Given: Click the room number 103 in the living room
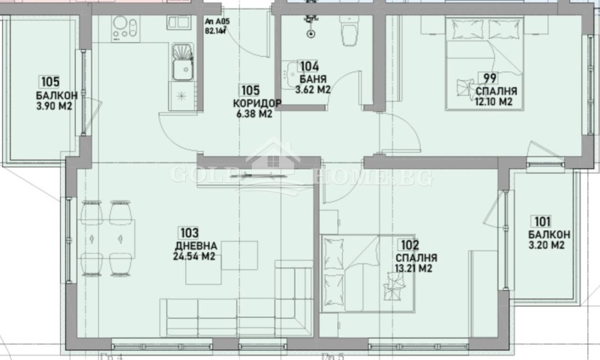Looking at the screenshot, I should click(188, 232).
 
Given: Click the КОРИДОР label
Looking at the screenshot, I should click(257, 103).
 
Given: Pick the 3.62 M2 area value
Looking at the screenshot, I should click(313, 89).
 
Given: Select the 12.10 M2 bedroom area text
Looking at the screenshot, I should click(484, 101).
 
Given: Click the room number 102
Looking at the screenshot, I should click(409, 244).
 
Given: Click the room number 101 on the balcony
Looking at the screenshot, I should click(542, 221).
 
